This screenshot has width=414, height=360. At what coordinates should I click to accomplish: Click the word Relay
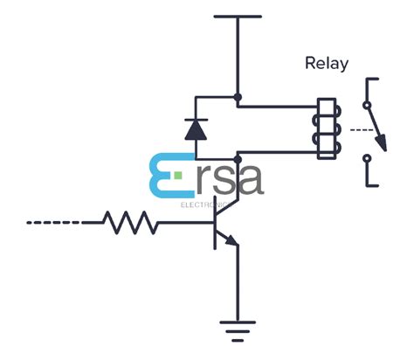[x=326, y=63]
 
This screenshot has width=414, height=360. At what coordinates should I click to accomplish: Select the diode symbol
[x=195, y=129]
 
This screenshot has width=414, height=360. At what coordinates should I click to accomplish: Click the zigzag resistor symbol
[x=132, y=223]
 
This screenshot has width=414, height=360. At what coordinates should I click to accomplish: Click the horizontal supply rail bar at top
[x=238, y=16]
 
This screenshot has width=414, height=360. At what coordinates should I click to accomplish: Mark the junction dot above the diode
[x=238, y=97]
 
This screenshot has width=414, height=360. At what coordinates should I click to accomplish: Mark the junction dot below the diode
[x=238, y=158]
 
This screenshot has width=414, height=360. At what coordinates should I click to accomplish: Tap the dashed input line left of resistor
[x=54, y=223]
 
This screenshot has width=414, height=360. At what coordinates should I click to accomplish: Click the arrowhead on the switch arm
[x=380, y=143]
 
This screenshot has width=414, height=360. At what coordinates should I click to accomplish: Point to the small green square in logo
[x=179, y=176]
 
